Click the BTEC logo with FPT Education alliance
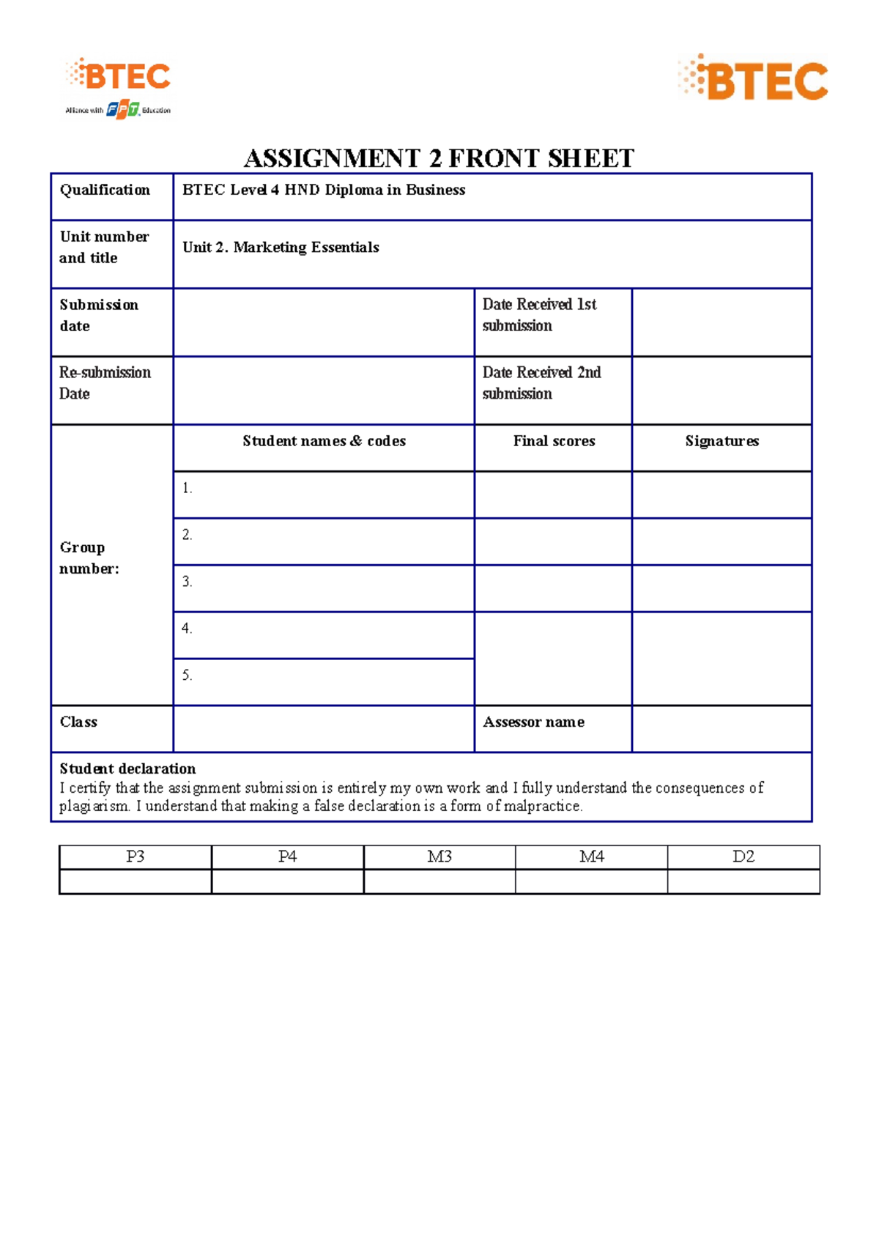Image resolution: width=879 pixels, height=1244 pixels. [119, 88]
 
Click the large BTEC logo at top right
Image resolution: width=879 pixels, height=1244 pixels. [753, 78]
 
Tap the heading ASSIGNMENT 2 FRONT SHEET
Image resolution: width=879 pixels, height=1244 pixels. [439, 158]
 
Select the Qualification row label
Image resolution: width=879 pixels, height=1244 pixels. [105, 190]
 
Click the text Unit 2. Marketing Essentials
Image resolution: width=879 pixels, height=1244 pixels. [281, 248]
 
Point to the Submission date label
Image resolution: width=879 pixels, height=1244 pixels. [99, 315]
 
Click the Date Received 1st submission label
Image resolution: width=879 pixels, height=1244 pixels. [539, 315]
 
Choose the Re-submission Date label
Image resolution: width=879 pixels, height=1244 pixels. [105, 383]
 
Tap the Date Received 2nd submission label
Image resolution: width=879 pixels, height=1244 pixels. [541, 383]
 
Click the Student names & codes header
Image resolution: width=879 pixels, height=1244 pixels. [324, 441]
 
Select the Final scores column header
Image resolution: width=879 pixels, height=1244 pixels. [554, 441]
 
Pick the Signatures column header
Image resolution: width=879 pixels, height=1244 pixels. [722, 441]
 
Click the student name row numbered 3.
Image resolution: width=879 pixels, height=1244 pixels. [324, 588]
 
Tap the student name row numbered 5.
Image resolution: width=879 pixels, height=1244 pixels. [324, 681]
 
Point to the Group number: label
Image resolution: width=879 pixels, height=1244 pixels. [89, 558]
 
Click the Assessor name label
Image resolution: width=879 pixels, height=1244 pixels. [533, 722]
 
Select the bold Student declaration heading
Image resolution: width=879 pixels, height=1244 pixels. [127, 769]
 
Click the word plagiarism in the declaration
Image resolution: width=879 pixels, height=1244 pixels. [94, 807]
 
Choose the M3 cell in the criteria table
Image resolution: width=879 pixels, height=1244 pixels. [439, 856]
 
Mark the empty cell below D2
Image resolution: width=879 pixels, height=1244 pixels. [743, 881]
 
